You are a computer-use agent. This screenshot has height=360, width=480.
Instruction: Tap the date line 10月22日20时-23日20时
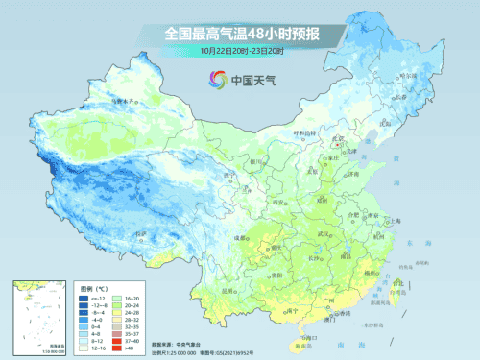tap(240, 50)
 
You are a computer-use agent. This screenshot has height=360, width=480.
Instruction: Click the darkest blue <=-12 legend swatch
tap(84, 299)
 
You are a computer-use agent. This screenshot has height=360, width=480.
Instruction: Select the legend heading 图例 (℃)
tap(94, 288)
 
